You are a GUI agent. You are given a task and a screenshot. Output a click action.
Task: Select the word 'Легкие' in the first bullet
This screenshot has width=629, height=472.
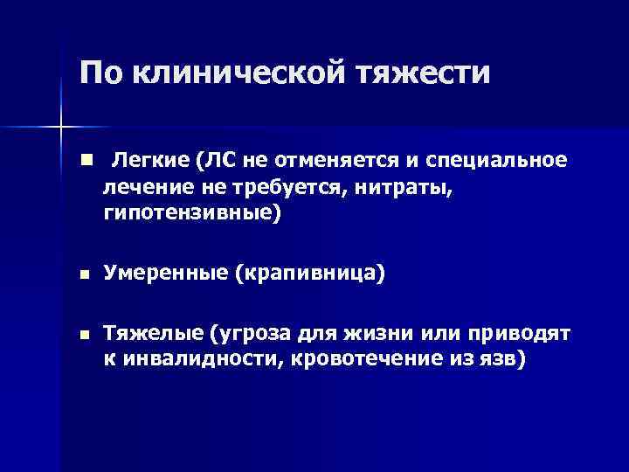click(149, 161)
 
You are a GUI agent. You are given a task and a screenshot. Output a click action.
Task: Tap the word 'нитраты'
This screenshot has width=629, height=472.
click(406, 186)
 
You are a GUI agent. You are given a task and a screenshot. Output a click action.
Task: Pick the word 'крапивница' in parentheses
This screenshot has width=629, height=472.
click(308, 274)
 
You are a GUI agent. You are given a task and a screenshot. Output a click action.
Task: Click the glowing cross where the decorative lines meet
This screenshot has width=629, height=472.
click(61, 128)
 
